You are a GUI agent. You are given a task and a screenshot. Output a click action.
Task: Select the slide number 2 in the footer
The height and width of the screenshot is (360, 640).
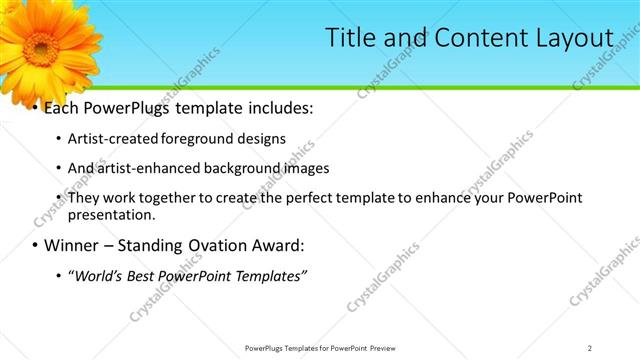coord(590,347)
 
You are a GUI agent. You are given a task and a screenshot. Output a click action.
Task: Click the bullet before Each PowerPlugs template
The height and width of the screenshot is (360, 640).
coord(34,106)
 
